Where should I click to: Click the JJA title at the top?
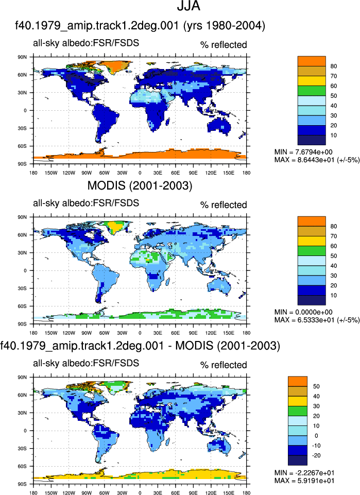pos(188,6)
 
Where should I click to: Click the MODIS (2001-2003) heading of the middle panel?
pos(140,185)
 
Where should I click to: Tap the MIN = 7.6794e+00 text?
pos(303,152)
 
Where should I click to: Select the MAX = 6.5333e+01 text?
pos(317,320)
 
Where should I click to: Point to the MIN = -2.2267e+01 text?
pos(304,472)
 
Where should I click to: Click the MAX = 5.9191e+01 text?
pos(304,481)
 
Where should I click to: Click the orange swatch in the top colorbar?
pos(312,61)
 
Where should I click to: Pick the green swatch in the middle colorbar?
pos(312,251)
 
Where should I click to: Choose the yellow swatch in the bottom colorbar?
pos(298,401)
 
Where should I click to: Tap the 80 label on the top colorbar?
pos(334,66)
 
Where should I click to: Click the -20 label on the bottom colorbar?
pos(316,455)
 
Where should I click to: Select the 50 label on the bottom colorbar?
pos(316,386)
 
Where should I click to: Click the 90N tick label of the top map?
pos(22,57)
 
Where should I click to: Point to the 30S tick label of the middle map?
pos(22,288)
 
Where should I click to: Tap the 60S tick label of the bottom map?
pos(22,466)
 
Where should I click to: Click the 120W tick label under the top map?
pos(69,173)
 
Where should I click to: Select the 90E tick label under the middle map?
pos(193,333)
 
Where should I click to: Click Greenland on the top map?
pos(119,65)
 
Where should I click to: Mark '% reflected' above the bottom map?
pos(224,365)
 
